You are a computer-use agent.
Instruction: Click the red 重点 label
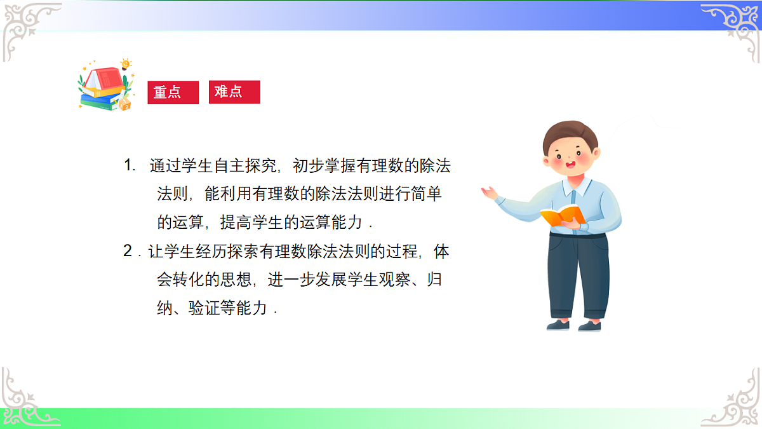pos(173,92)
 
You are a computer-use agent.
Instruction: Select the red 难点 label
pos(234,92)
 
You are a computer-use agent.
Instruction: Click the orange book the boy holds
pos(561,215)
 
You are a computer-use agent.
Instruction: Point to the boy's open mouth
pos(570,167)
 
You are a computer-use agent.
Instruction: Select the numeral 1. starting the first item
pos(130,167)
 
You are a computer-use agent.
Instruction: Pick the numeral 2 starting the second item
pos(128,252)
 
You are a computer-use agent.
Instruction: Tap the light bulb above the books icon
pos(126,64)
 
